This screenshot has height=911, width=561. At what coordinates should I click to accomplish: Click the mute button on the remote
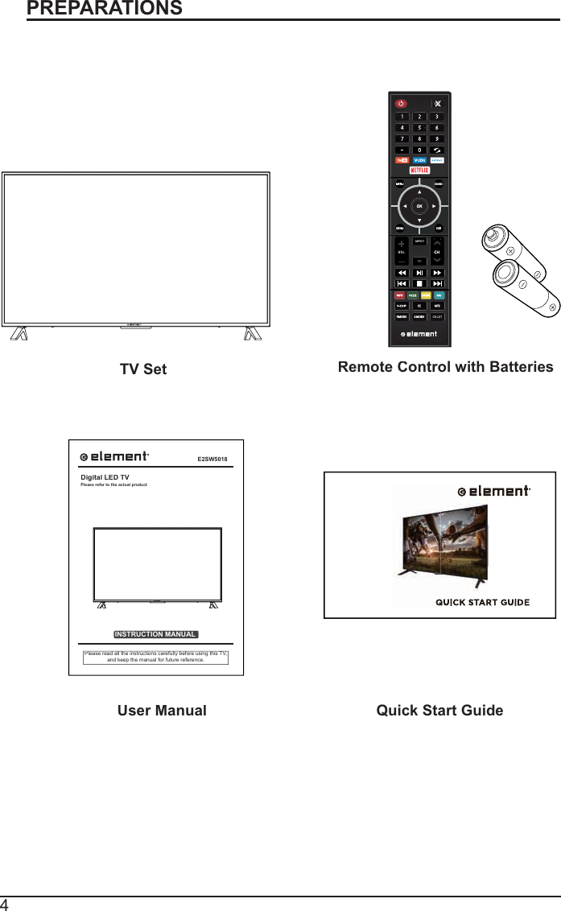tap(437, 103)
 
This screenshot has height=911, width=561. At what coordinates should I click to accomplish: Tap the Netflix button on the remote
tap(419, 171)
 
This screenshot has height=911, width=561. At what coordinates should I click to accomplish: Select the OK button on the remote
tap(419, 206)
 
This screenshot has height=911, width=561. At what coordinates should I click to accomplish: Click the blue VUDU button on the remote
tap(419, 160)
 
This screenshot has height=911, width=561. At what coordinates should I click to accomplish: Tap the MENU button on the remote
tap(399, 184)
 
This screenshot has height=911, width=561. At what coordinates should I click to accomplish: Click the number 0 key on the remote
tap(419, 149)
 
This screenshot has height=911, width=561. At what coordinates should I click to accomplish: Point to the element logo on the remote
tap(419, 333)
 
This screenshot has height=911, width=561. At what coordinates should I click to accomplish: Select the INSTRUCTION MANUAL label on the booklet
tap(155, 634)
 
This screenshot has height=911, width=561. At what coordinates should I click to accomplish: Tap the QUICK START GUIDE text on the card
tap(482, 602)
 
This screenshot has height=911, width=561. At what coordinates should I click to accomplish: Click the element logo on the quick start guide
tap(493, 491)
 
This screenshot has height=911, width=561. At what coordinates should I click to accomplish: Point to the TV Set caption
tap(143, 369)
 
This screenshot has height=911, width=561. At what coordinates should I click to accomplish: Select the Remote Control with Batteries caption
tap(445, 367)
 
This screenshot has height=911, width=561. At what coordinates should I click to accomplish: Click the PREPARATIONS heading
tap(105, 9)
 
